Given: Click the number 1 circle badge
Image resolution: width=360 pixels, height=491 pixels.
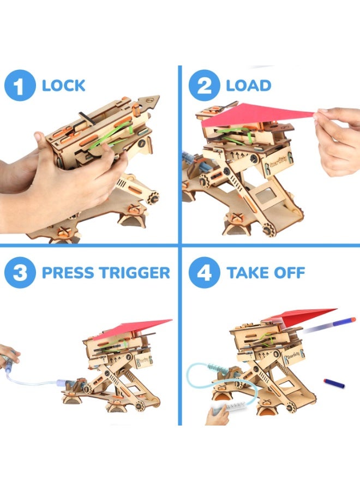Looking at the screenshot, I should click(20, 86).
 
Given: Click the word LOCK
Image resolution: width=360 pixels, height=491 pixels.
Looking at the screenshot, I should click(63, 86).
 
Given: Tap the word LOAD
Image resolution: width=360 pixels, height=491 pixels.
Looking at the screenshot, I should click(248, 86).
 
